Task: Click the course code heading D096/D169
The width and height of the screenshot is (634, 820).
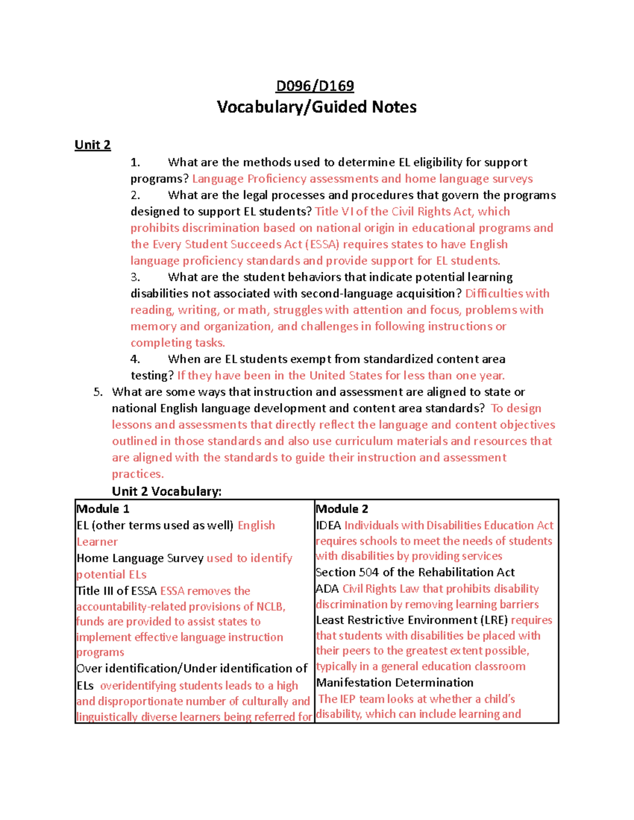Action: (x=315, y=86)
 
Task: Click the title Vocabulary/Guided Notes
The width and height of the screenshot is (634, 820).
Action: (x=316, y=107)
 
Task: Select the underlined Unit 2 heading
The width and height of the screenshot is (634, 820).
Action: (x=92, y=145)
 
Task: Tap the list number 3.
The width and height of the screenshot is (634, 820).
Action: (x=135, y=277)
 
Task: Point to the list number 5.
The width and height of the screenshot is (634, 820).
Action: (x=97, y=392)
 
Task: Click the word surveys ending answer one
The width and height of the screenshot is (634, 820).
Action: (x=512, y=179)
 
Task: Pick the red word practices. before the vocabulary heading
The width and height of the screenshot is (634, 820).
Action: (x=137, y=474)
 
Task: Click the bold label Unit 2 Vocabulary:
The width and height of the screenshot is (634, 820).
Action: (x=166, y=492)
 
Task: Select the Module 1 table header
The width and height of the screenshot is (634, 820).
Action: (x=103, y=509)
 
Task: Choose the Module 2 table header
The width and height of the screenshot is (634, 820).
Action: (x=342, y=509)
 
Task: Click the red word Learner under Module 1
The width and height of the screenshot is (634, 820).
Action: (x=97, y=542)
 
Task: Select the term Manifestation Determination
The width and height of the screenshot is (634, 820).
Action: (x=395, y=683)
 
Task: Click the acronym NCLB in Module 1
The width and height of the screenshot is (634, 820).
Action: (x=270, y=607)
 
